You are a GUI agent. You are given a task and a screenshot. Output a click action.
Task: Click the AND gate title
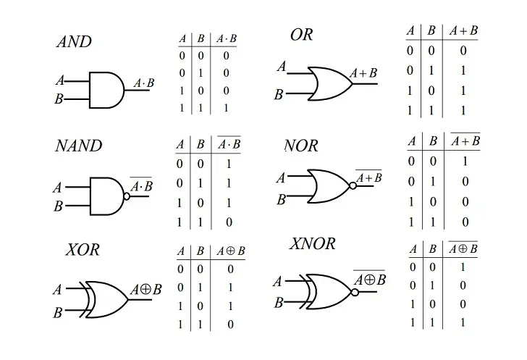coord(75,42)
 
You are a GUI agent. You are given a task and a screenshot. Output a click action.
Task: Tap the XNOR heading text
coord(312,243)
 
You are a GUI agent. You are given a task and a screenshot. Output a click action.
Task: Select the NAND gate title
coord(79,146)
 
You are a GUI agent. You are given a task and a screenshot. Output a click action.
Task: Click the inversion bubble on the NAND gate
coord(127,196)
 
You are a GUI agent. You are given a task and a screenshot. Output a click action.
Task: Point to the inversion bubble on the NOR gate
coord(353,185)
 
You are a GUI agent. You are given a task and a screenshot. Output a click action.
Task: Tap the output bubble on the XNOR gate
coord(355,292)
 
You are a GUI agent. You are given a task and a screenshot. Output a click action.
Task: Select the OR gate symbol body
coord(330,83)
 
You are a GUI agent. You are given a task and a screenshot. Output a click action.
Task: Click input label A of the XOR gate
coord(57,289)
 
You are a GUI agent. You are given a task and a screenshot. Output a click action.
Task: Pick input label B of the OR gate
coord(279,95)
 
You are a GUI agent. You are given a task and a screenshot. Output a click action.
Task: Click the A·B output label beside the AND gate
coord(144,83)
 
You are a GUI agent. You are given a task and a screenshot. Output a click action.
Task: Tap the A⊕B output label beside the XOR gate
coord(146,289)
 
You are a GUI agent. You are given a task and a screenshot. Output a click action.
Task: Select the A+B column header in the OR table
coord(463,31)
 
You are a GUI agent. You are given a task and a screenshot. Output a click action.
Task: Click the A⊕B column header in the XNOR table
coord(463,248)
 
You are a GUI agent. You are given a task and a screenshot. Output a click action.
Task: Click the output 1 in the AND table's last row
coord(226,108)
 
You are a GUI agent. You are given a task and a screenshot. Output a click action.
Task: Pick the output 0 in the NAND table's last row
coord(229,222)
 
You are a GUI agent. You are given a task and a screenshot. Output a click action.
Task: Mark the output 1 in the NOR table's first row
coord(465,162)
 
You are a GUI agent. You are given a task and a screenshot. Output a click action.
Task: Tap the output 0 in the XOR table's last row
coord(230,325)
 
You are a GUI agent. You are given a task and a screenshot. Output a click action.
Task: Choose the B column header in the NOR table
coord(433,141)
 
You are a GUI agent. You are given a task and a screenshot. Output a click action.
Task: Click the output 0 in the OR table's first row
coord(463,51)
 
